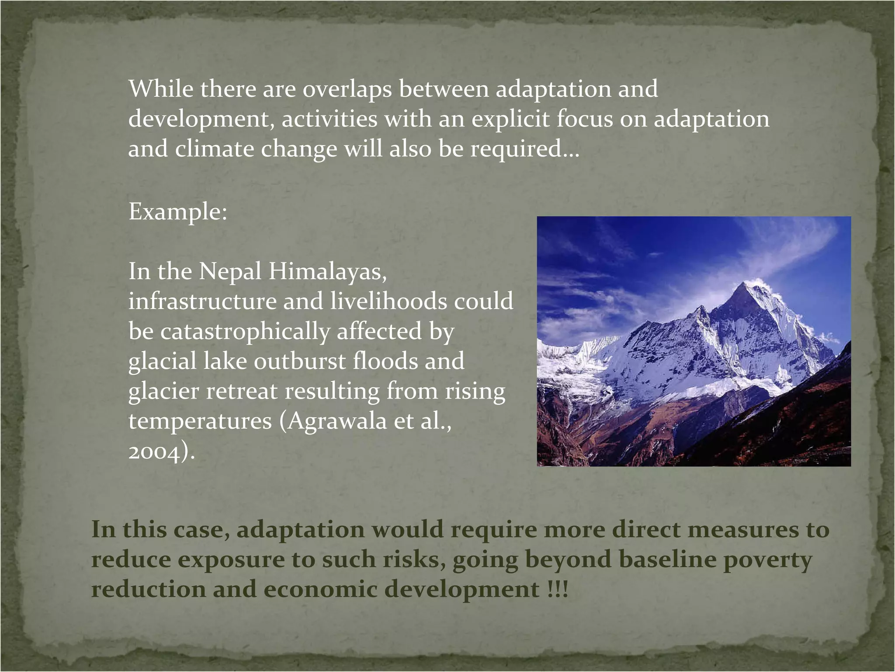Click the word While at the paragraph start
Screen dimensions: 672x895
coord(161,89)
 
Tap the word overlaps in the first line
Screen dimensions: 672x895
coord(347,89)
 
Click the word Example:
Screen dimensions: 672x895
coord(178,212)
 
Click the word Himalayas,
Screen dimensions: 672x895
coord(328,272)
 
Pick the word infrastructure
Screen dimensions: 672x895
coord(202,301)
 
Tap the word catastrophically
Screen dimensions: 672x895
coord(245,331)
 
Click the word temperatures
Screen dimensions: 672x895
coord(200,421)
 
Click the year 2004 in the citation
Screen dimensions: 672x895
coord(154,451)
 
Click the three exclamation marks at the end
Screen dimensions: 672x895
coord(557,590)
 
